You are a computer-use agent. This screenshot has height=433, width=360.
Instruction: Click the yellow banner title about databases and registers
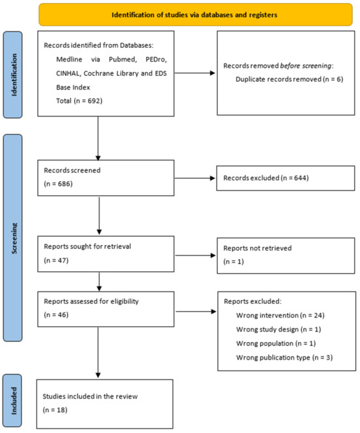point(194,15)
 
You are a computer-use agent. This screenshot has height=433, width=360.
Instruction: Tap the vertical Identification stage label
point(14,75)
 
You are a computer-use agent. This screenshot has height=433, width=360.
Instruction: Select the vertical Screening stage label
point(14,238)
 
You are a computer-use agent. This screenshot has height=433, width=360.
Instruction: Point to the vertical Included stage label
point(14,400)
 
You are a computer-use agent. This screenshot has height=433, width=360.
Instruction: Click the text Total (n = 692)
point(79,101)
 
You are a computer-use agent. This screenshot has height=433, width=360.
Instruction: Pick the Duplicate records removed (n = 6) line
point(289,79)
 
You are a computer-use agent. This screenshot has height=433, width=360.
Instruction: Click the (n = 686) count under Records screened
point(58,183)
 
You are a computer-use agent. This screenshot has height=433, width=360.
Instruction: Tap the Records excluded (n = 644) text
point(266,178)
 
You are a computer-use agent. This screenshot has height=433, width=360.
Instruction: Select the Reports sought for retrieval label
point(88,246)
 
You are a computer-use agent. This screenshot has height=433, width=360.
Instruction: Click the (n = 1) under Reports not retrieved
point(234,261)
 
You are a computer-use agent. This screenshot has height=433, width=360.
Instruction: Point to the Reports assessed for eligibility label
point(92,301)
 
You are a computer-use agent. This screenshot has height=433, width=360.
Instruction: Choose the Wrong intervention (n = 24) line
point(280,315)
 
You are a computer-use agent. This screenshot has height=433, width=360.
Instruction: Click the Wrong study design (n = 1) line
point(279,329)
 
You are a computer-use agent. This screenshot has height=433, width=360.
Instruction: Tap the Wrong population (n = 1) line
point(276,343)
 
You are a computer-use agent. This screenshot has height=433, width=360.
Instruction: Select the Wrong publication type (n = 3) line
point(285,358)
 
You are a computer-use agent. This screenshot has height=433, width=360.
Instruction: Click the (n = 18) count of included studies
point(55,410)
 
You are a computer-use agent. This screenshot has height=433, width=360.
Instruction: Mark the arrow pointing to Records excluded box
point(195,178)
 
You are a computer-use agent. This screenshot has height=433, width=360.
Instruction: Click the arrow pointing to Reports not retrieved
point(196,255)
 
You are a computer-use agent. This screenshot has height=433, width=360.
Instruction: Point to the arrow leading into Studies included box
point(98,352)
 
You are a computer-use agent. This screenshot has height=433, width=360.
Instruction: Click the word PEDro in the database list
point(156,60)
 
